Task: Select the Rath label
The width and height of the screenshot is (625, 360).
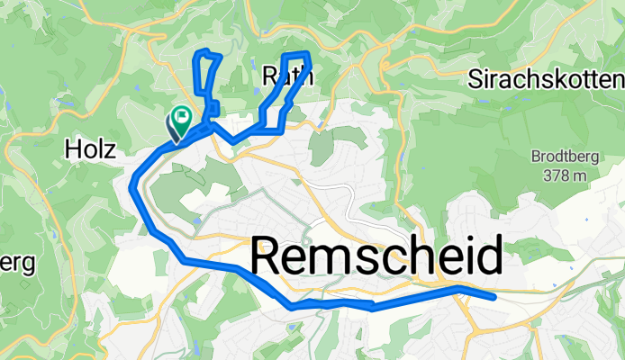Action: (x=287, y=77)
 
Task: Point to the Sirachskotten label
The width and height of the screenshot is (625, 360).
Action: (x=547, y=79)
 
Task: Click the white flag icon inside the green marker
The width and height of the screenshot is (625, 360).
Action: (x=182, y=115)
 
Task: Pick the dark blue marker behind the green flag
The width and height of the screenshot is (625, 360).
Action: (x=172, y=127)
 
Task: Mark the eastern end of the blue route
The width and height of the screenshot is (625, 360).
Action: (x=494, y=295)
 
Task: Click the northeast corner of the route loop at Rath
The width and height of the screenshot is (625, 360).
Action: (x=309, y=55)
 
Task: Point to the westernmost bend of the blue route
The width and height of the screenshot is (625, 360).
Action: (x=132, y=184)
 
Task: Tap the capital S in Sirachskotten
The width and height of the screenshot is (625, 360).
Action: (x=476, y=79)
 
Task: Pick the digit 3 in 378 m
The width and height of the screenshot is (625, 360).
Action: (x=548, y=175)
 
